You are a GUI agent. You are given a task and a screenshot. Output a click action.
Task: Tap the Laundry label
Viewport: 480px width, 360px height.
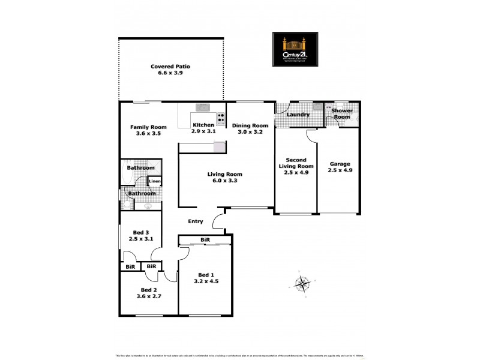(x=298, y=115)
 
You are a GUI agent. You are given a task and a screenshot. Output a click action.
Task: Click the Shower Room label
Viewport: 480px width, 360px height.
(x=341, y=113)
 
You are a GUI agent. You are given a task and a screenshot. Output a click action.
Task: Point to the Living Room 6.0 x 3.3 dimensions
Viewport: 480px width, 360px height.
(x=225, y=180)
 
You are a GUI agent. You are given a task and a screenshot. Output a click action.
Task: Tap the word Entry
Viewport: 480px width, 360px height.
(x=196, y=221)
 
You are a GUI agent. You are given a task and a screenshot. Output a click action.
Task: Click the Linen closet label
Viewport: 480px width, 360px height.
(x=154, y=181)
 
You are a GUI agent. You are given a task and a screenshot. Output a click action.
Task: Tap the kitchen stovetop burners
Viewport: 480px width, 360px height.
(x=221, y=118)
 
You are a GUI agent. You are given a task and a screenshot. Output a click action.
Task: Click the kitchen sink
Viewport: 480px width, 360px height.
(x=202, y=108)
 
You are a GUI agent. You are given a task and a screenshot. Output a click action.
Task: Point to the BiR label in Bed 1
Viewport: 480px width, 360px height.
(x=205, y=240)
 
